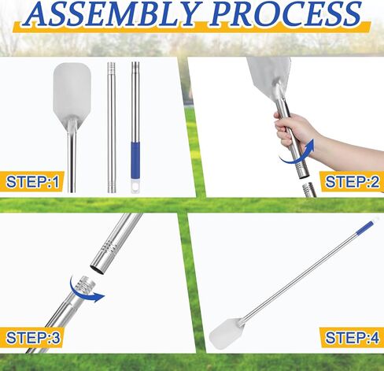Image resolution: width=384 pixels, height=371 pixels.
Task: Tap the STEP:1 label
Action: pos(32,181)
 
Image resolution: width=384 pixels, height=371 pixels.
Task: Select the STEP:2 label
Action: pos(353,181)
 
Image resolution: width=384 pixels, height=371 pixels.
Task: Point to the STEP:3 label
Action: pos(33,337)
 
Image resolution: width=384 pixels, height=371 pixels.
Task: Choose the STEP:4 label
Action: pos(353,337)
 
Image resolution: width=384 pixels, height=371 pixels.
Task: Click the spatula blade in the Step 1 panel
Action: pos(72,92)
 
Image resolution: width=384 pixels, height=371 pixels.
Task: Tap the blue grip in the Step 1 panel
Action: pos(135,157)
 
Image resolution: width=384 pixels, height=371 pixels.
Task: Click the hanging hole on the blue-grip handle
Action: pos(135,187)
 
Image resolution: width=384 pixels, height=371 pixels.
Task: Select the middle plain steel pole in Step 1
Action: pos(112,128)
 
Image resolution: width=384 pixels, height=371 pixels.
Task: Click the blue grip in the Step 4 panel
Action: pos(365,227)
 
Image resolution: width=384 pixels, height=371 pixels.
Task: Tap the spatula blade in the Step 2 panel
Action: pos(270,76)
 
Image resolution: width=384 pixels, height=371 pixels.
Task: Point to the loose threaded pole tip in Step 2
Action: pos(309,190)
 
